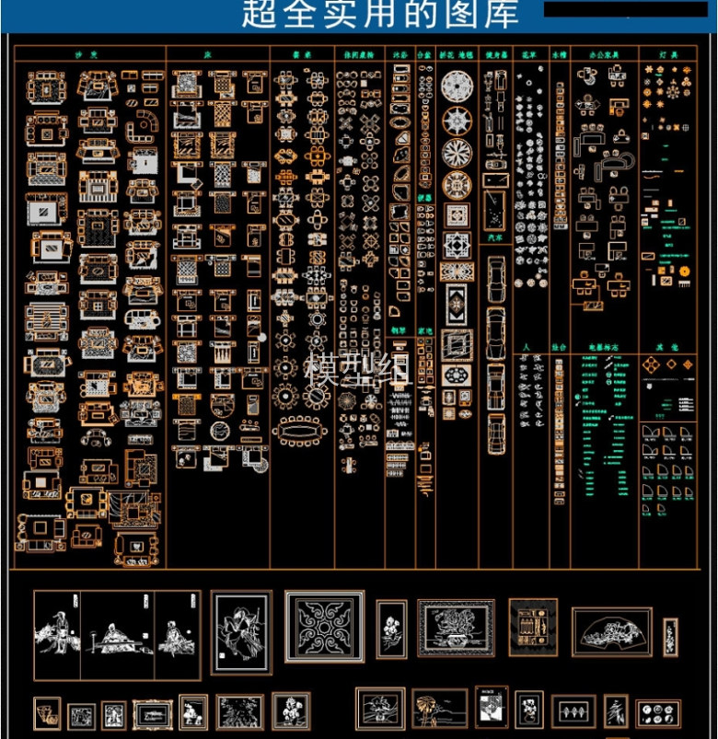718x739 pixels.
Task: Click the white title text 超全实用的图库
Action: pyautogui.click(x=379, y=14)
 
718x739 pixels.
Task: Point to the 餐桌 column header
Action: pyautogui.click(x=302, y=54)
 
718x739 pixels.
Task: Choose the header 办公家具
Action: pyautogui.click(x=604, y=54)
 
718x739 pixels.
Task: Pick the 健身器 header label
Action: pyautogui.click(x=496, y=54)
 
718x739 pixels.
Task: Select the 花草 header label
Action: pyautogui.click(x=529, y=54)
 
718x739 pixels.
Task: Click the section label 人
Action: pyautogui.click(x=527, y=347)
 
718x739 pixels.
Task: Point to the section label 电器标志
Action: pyautogui.click(x=602, y=347)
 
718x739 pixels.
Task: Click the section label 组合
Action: pyautogui.click(x=559, y=347)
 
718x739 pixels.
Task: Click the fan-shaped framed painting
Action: pyautogui.click(x=611, y=631)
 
